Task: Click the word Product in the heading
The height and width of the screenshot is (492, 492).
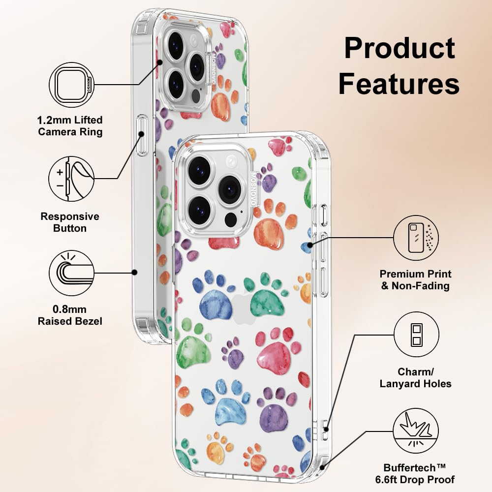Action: [400, 48]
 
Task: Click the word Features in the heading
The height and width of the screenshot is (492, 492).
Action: [399, 83]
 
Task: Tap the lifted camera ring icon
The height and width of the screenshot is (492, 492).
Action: [72, 85]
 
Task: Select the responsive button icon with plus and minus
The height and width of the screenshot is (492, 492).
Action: [71, 179]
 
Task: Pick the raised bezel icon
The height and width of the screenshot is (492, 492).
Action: [72, 273]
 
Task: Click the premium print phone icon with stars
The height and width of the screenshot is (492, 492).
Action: [416, 238]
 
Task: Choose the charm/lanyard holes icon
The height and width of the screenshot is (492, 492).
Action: [416, 335]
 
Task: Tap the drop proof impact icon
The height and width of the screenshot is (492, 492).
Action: [416, 431]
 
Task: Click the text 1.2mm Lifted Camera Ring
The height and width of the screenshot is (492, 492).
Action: [70, 126]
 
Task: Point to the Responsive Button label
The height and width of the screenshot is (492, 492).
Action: [70, 222]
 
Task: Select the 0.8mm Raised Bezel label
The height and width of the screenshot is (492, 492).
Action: [70, 315]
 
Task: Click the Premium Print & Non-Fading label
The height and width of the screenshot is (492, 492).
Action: [415, 279]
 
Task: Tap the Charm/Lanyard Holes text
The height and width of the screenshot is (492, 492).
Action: [415, 377]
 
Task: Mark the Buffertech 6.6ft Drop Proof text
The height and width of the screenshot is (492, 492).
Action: [415, 474]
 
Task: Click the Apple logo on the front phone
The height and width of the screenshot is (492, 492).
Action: [242, 307]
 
